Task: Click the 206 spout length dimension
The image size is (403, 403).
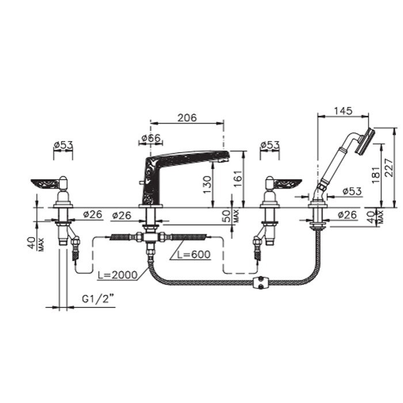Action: (187, 117)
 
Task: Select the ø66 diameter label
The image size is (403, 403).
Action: (151, 138)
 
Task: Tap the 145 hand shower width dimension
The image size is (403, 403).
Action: (343, 111)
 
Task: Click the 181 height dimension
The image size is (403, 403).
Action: (375, 175)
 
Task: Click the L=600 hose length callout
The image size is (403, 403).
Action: (194, 254)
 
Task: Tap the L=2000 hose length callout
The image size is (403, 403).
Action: (117, 275)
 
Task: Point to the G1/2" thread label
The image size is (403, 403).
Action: (98, 299)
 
